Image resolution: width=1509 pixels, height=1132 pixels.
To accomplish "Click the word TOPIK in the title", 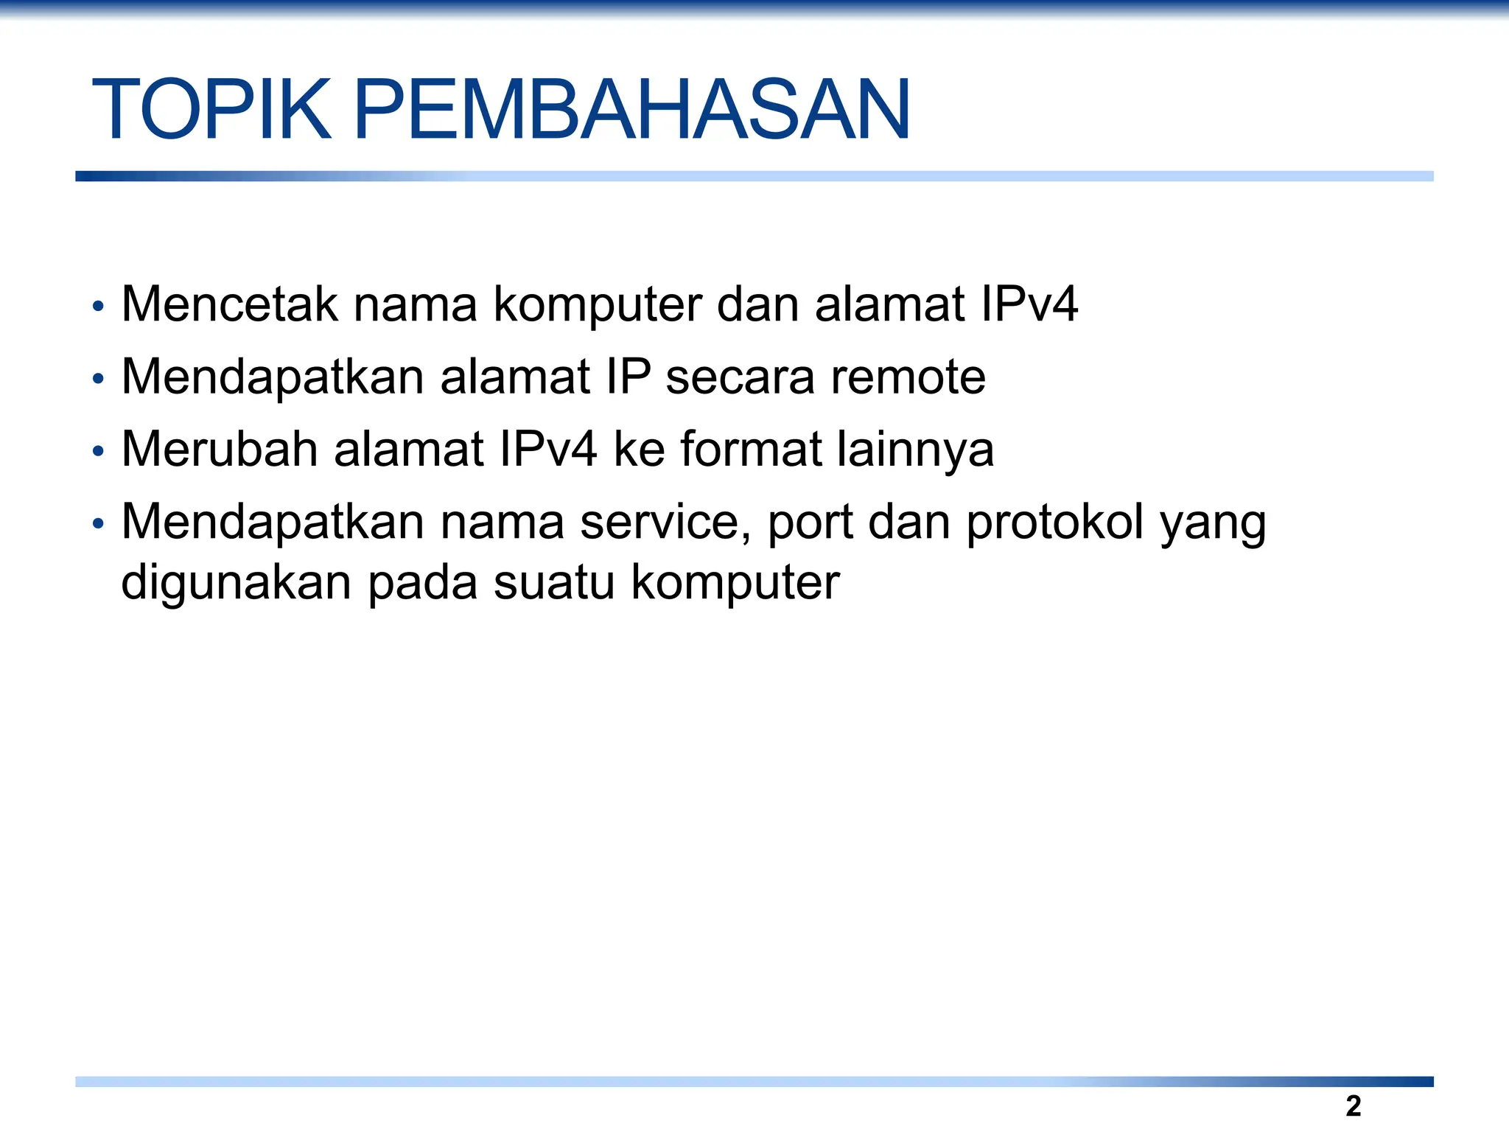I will (x=211, y=110).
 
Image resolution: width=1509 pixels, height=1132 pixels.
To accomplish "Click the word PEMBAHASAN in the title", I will (x=632, y=110).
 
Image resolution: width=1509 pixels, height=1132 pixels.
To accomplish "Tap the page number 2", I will (x=1353, y=1106).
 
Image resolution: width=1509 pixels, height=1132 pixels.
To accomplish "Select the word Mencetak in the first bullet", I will (x=229, y=304).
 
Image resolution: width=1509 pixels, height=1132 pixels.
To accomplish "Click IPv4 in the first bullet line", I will (x=1029, y=304).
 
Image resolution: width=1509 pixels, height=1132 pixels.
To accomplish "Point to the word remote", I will (x=908, y=377).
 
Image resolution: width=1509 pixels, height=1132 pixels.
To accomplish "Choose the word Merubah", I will (x=220, y=449).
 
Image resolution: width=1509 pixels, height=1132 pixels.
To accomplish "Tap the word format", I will (x=751, y=449).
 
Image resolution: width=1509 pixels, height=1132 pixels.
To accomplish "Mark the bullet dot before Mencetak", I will (x=98, y=307).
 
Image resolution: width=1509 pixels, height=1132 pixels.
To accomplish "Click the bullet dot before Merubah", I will (x=98, y=452).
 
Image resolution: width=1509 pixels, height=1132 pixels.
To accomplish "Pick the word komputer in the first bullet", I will (x=597, y=305).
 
